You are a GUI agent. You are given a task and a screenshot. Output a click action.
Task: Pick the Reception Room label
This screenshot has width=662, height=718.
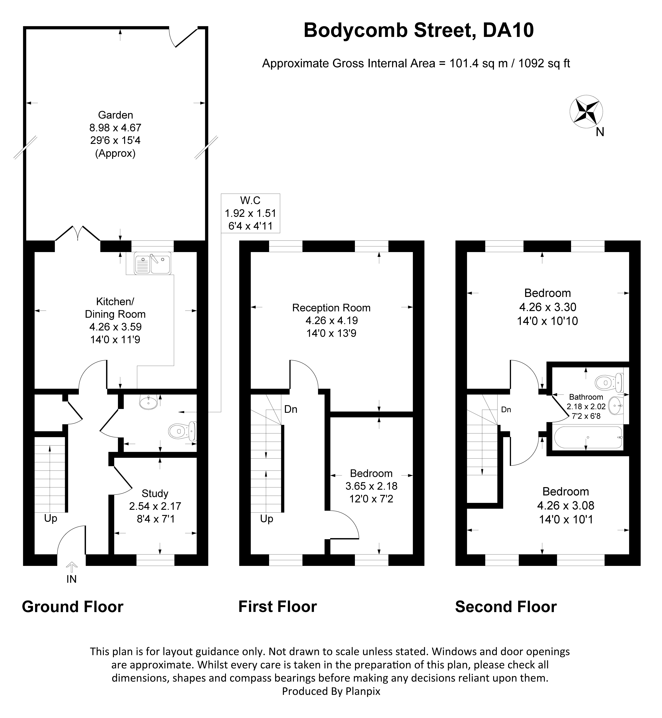click(331, 308)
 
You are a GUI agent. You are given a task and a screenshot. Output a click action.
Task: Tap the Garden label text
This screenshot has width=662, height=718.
click(115, 115)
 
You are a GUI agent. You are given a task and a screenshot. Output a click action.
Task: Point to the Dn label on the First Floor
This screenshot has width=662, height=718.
click(290, 409)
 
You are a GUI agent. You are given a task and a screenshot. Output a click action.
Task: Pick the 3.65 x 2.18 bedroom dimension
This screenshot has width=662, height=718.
click(372, 486)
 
